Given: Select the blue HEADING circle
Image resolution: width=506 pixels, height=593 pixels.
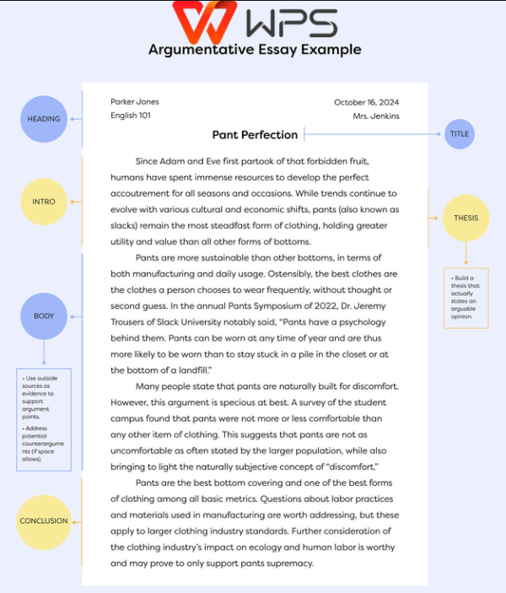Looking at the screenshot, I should click(x=44, y=119).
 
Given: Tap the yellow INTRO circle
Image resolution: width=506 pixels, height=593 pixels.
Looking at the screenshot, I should click(x=44, y=202).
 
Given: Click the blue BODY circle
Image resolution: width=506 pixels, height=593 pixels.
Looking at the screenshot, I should click(x=44, y=316).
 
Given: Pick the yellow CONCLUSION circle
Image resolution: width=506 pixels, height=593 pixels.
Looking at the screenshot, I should click(x=44, y=520).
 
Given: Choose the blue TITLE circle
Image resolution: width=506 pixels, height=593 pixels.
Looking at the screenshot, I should click(x=460, y=134).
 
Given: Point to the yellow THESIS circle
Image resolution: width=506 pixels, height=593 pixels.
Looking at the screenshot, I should click(x=466, y=218).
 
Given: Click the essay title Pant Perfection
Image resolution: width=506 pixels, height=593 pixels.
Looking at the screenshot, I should click(x=255, y=135).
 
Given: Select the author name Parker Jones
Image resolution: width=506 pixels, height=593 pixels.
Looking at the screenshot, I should click(x=135, y=102).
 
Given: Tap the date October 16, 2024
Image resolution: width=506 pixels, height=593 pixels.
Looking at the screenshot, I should click(x=366, y=102).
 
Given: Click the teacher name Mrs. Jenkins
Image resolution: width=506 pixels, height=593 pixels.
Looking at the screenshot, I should click(x=376, y=116).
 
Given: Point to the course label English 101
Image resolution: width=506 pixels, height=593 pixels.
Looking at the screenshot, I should click(x=131, y=116).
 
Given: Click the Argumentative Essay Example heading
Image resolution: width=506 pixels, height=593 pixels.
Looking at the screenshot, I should click(x=255, y=50).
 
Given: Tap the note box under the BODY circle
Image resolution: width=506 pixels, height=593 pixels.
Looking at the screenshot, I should click(x=44, y=419).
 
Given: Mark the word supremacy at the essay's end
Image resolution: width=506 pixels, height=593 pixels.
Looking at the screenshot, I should click(x=288, y=563).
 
